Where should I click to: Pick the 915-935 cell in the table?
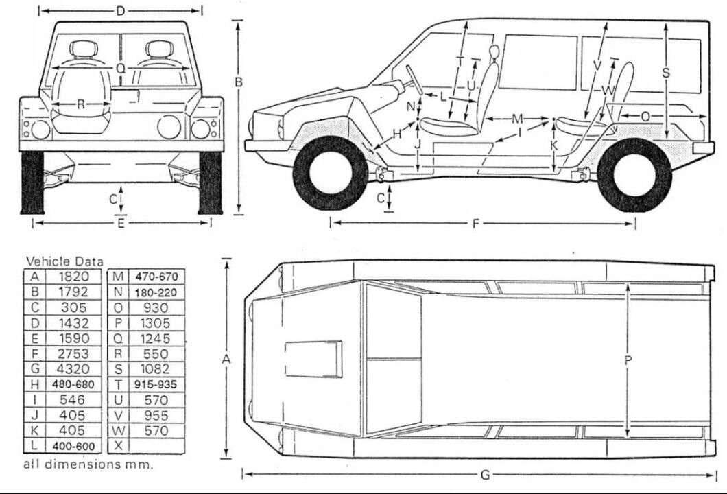pos(156,384)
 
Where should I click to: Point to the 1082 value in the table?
pos(156,368)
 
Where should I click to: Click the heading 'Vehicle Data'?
pos(64,261)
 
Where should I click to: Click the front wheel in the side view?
pos(330,174)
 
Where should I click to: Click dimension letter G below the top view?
pos(485,475)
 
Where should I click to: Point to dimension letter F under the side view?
pos(475,223)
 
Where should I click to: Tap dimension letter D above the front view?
pos(120,10)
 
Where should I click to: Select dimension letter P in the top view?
pos(628,359)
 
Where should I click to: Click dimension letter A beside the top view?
pos(226,358)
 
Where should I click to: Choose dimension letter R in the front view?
pos(81,105)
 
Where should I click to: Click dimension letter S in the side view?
pos(666,72)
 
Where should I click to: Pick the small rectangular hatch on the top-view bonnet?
pos(313,358)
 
